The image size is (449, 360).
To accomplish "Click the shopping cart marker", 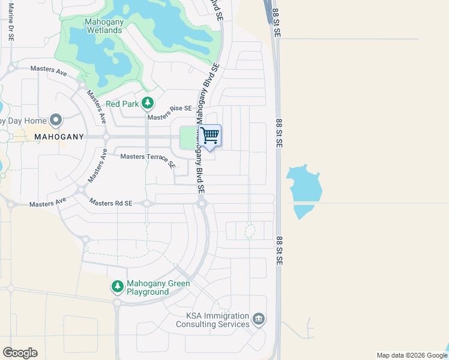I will coord(210,136).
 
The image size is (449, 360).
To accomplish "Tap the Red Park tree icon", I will coord(148,104).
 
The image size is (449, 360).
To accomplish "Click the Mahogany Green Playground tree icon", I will coord(117,287).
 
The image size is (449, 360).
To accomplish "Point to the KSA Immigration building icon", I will coord(259,318).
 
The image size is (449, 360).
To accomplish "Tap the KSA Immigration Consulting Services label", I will coord(212,320).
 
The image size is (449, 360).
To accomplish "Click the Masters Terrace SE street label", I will coord(147,159).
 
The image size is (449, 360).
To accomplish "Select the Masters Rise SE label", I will coord(170,109).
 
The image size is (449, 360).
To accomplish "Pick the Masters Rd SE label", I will coord(110,203).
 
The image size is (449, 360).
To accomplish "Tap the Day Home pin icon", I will coord(56,120).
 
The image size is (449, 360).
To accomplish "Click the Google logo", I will coord(20,353).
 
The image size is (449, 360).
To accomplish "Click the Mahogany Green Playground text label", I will coord(158,287).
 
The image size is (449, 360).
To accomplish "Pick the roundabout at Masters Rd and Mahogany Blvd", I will coord(202,204).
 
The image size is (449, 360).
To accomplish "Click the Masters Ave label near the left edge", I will coord(47,203).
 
